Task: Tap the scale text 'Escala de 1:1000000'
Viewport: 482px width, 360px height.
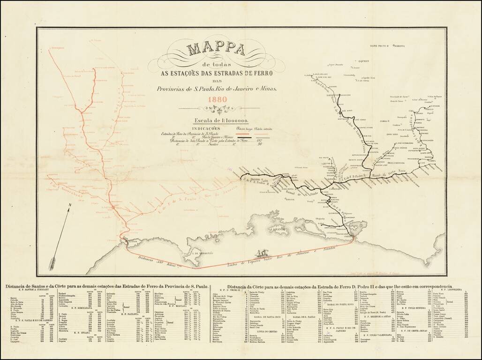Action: [x=216, y=120]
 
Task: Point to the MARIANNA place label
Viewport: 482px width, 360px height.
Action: [x=398, y=46]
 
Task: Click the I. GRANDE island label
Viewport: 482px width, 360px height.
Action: [x=280, y=230]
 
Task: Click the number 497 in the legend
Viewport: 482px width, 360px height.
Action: [x=257, y=140]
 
